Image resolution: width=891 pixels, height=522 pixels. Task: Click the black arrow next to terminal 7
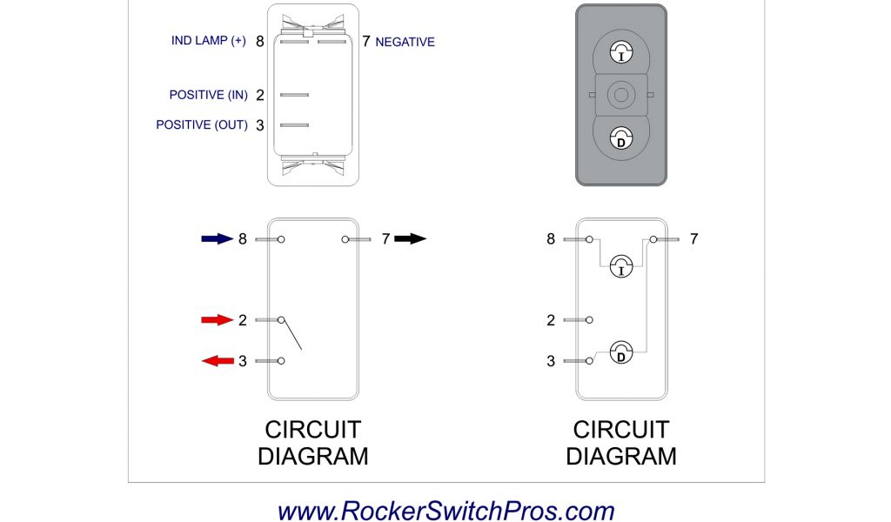pos(411,238)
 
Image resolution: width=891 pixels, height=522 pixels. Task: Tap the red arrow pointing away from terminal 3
pos(218,360)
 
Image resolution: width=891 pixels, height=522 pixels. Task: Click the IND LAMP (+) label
pos(209,41)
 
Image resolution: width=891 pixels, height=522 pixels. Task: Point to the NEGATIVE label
pos(405,42)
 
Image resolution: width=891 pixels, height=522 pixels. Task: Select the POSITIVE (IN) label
pos(209,95)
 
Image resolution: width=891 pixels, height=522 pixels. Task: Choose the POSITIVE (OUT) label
pos(202,125)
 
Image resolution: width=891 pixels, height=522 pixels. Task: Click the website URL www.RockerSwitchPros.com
pos(445,511)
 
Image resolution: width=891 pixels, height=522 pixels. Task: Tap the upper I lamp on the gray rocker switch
pos(620,53)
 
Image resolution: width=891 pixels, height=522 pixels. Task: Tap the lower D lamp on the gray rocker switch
pos(620,137)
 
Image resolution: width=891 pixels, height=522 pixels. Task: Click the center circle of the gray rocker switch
pos(620,94)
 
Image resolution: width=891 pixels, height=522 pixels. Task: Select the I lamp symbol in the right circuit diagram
pos(620,266)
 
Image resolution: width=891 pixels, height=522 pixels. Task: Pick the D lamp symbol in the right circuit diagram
pos(620,352)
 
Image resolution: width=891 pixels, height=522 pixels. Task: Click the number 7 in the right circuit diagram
pos(693,238)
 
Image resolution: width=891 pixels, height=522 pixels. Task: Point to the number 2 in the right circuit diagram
pos(551,320)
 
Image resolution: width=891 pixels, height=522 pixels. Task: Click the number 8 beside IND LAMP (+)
pos(259,41)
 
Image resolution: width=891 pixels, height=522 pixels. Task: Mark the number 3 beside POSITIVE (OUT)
pos(259,125)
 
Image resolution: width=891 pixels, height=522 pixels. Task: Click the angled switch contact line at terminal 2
pos(291,335)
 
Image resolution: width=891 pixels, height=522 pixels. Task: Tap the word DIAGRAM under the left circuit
pos(312,456)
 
